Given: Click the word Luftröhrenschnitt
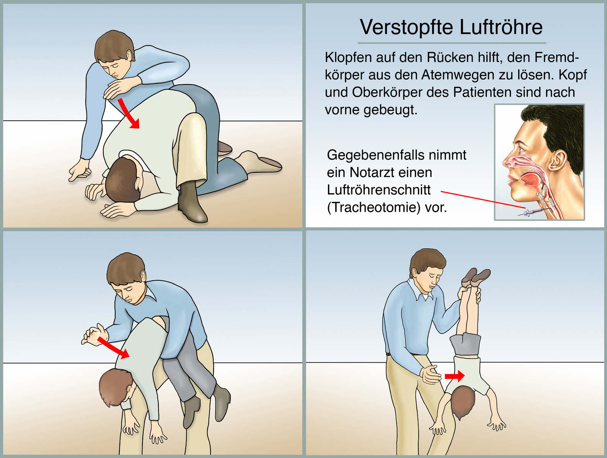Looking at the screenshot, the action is [379, 190].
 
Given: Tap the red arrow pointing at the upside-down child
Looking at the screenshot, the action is [455, 376].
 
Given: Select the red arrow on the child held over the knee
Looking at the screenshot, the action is [113, 347].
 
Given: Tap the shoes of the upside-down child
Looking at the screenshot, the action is [476, 277].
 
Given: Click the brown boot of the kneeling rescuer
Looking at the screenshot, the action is [192, 201].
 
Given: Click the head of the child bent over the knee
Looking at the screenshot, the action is [116, 387].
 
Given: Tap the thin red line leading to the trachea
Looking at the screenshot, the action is [483, 199].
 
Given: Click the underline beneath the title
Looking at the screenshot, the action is [452, 43].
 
